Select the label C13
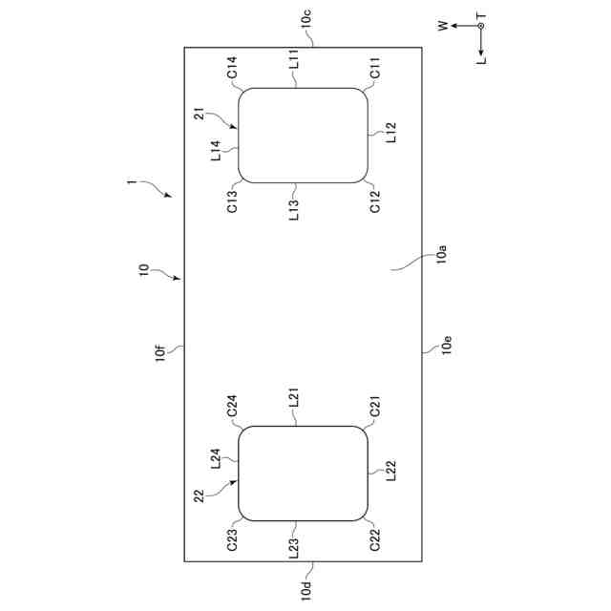click(x=232, y=201)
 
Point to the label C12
click(x=375, y=201)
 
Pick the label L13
click(x=294, y=209)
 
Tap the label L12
click(x=391, y=133)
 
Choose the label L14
click(x=216, y=152)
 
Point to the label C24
click(x=232, y=406)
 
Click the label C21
click(x=375, y=408)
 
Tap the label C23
click(x=232, y=541)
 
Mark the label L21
click(x=294, y=400)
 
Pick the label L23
click(x=294, y=548)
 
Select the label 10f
click(x=164, y=354)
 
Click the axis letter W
click(x=443, y=27)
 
